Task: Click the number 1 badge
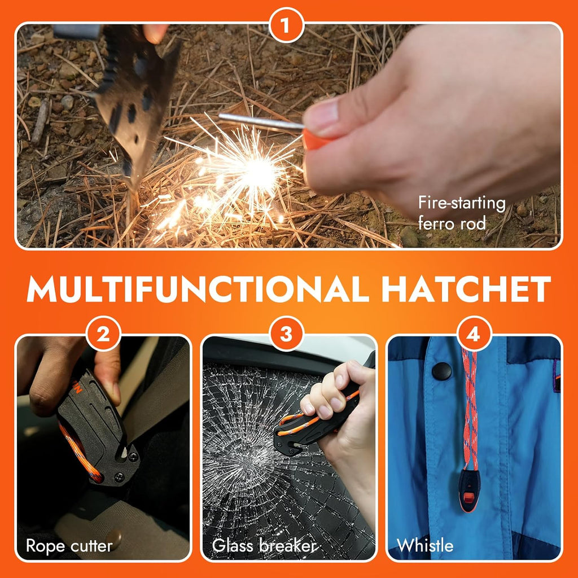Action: [x=286, y=25]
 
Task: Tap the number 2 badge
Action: [x=103, y=334]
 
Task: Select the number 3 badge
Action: [x=286, y=334]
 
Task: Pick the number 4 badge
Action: [x=474, y=334]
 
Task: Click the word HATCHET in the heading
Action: [x=466, y=290]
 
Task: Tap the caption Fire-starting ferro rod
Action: [x=462, y=213]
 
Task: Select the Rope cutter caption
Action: [x=69, y=546]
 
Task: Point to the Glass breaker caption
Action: [x=264, y=546]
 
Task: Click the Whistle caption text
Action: [x=425, y=546]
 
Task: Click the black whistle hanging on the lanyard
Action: [x=470, y=491]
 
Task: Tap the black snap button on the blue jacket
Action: [x=441, y=371]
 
